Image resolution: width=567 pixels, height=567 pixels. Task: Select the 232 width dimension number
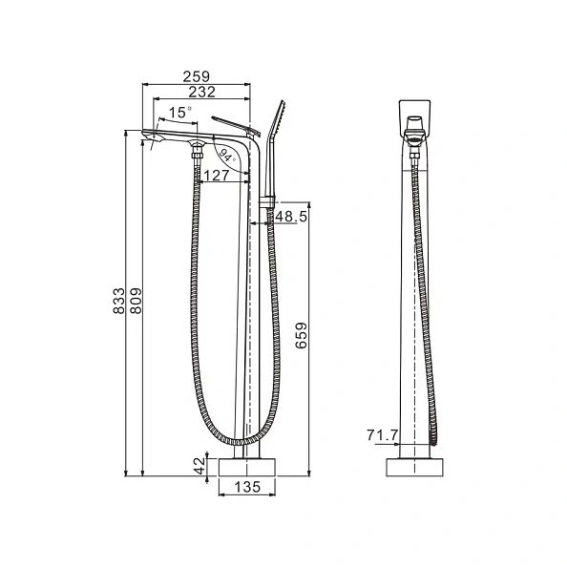pyautogui.click(x=200, y=92)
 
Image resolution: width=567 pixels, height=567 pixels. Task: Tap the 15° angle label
pyautogui.click(x=180, y=113)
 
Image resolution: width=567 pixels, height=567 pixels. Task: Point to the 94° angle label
pyautogui.click(x=226, y=155)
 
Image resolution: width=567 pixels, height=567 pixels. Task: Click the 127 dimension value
pyautogui.click(x=216, y=176)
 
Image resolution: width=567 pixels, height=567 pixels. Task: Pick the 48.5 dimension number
pyautogui.click(x=291, y=217)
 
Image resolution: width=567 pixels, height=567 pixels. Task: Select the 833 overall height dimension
pyautogui.click(x=119, y=301)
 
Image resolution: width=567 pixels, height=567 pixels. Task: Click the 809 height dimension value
pyautogui.click(x=136, y=301)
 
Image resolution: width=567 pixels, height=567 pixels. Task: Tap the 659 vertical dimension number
pyautogui.click(x=302, y=337)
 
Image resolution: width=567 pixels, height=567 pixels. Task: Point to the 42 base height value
pyautogui.click(x=199, y=465)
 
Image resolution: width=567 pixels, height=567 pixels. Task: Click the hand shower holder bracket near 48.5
pyautogui.click(x=268, y=201)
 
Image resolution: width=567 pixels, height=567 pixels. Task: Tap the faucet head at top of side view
pyautogui.click(x=415, y=119)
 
